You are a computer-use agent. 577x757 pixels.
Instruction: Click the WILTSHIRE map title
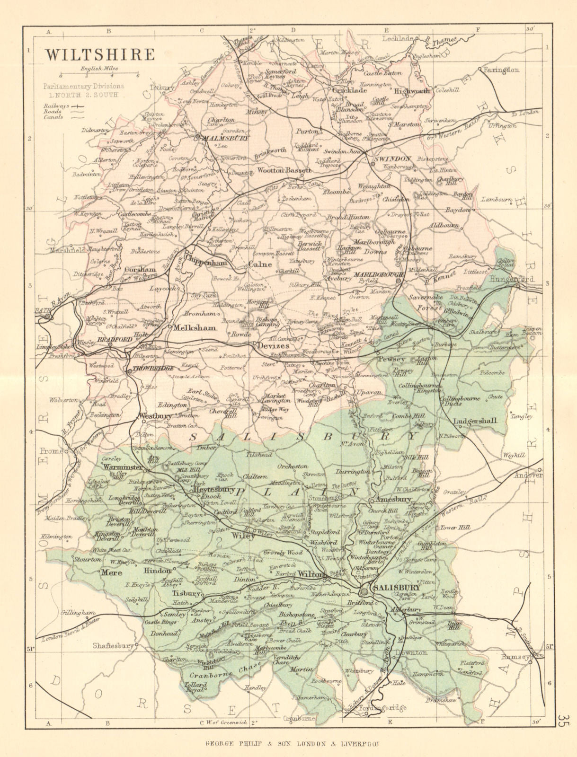(x=100, y=54)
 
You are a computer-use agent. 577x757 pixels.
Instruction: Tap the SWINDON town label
(x=392, y=159)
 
